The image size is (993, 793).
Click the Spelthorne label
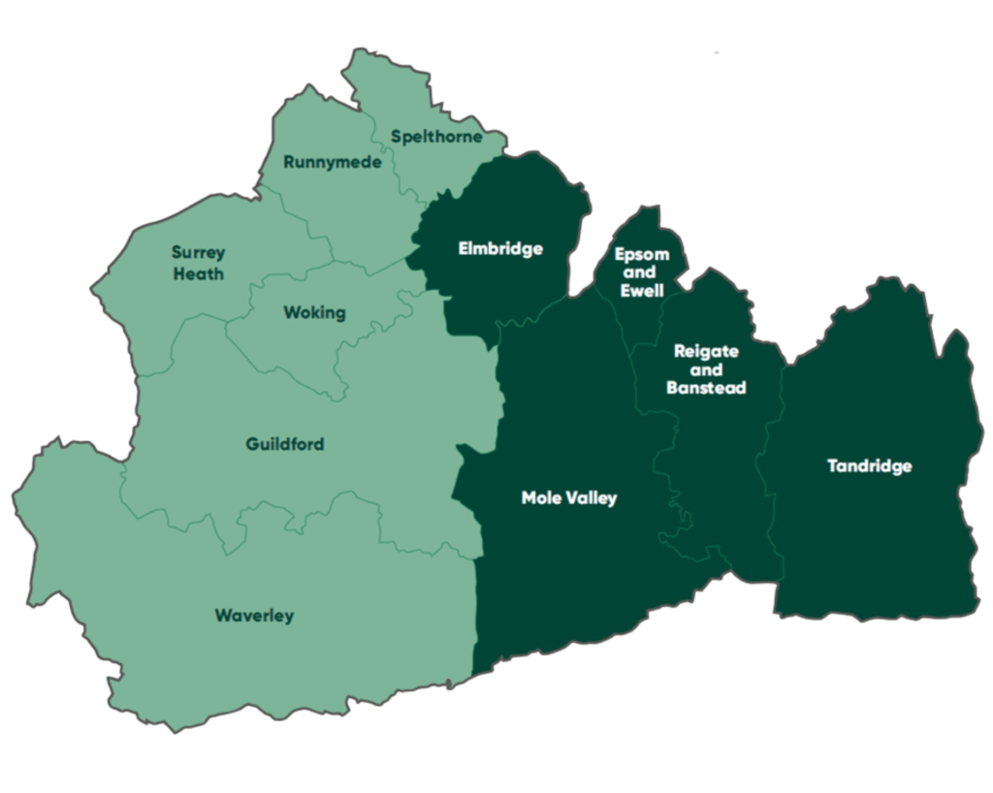click(x=436, y=137)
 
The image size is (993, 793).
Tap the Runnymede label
click(x=332, y=162)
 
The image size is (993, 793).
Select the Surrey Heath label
click(x=199, y=263)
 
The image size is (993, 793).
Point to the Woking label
click(x=314, y=312)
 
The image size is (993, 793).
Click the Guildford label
click(x=285, y=445)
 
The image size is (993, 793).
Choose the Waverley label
click(x=254, y=616)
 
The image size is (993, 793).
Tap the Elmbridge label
click(x=500, y=249)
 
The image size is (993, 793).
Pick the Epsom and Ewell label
click(x=642, y=272)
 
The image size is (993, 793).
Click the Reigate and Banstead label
click(x=707, y=369)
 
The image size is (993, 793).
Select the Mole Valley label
click(x=569, y=498)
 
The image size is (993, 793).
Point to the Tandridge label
click(x=870, y=466)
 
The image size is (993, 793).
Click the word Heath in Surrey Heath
click(x=199, y=273)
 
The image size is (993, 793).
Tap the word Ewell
click(x=642, y=291)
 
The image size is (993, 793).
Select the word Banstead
click(x=707, y=388)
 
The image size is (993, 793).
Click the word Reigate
click(x=707, y=351)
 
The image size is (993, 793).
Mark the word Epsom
click(x=642, y=255)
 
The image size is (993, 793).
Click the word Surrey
click(x=199, y=253)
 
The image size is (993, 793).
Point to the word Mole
click(x=541, y=498)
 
